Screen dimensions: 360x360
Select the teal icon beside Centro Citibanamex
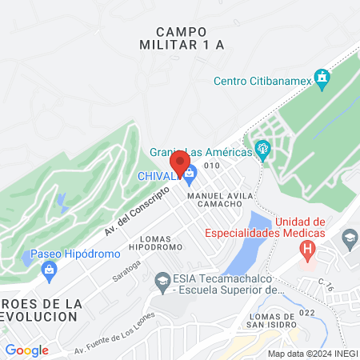(322, 78)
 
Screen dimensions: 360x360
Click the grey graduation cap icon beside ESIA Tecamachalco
(161, 281)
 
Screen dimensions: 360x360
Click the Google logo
(26, 350)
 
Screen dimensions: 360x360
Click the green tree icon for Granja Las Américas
(262, 150)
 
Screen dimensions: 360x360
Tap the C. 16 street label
(326, 284)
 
